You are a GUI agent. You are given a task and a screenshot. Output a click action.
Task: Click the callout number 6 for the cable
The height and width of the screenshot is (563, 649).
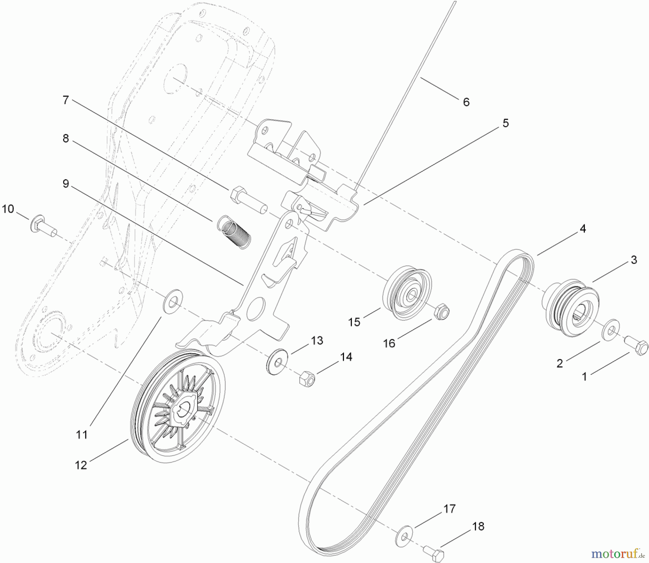pyautogui.click(x=466, y=102)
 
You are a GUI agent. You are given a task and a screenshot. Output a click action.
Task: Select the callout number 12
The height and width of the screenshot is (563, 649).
pyautogui.click(x=81, y=465)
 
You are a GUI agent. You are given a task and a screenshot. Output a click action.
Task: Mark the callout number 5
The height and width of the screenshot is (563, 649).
pyautogui.click(x=505, y=123)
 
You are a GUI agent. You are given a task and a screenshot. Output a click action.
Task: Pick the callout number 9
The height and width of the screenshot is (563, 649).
pyautogui.click(x=66, y=184)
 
